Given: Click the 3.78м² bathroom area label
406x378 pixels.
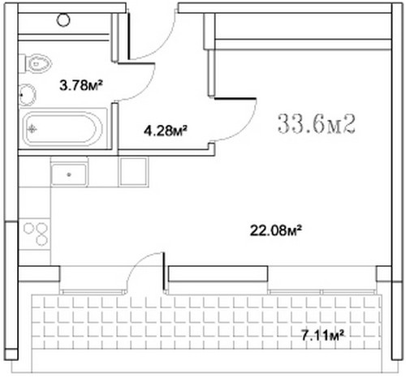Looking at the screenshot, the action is (81, 85).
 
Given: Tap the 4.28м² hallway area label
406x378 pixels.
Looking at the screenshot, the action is (166, 131).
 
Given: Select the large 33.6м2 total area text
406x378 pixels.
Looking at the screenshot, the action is (317, 124).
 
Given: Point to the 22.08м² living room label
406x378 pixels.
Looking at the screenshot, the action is (275, 230).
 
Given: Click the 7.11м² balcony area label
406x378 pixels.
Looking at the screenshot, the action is (322, 336).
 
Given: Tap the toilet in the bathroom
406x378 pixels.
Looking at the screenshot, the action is (36, 63).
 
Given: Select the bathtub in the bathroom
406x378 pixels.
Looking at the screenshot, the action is (63, 129).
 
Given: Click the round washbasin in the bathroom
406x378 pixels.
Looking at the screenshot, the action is (28, 95).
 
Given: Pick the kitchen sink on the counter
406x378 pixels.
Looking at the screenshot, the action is (69, 174).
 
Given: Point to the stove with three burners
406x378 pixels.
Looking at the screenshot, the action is (35, 234).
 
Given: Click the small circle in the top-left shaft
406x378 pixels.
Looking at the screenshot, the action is (63, 19).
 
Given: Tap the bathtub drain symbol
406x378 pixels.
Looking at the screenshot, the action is (32, 129).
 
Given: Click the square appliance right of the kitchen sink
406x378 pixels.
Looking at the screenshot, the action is (133, 172).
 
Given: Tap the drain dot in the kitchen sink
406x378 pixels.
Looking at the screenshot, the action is (69, 174).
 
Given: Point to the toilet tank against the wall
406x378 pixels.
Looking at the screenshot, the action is (22, 63).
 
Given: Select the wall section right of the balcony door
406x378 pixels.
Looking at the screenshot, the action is (218, 273).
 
